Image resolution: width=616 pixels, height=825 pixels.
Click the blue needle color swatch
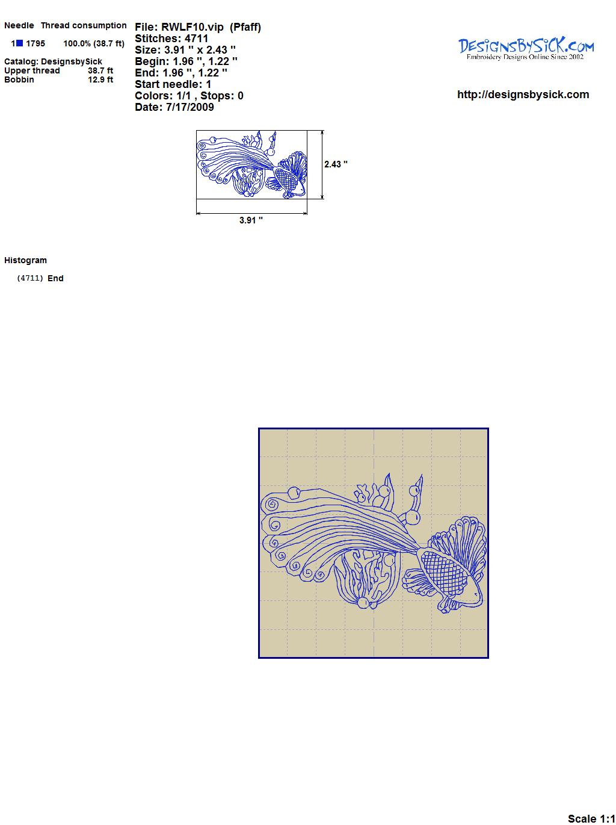click(x=19, y=43)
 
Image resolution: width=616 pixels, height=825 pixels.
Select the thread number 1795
click(x=35, y=43)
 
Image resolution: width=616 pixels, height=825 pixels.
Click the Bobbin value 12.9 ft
click(x=100, y=79)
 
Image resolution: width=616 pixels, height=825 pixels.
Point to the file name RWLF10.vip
click(x=192, y=27)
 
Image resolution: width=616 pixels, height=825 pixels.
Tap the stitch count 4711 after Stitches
click(x=196, y=39)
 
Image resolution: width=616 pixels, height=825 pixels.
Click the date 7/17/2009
click(x=190, y=107)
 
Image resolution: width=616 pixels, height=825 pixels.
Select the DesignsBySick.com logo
click(x=526, y=49)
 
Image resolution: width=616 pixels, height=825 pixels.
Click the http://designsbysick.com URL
click(x=523, y=95)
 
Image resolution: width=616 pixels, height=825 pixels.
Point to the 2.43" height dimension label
click(x=336, y=164)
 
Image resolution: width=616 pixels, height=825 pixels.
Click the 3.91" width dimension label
click(x=251, y=220)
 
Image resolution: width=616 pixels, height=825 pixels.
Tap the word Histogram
click(x=25, y=260)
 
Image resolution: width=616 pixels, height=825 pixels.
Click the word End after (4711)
click(x=55, y=278)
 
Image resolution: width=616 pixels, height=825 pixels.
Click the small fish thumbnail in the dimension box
click(x=251, y=164)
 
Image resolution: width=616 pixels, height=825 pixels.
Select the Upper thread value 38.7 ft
click(x=100, y=70)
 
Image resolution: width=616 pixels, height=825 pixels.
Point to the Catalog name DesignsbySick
click(x=72, y=61)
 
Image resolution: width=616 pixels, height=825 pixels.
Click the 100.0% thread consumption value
click(x=77, y=43)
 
